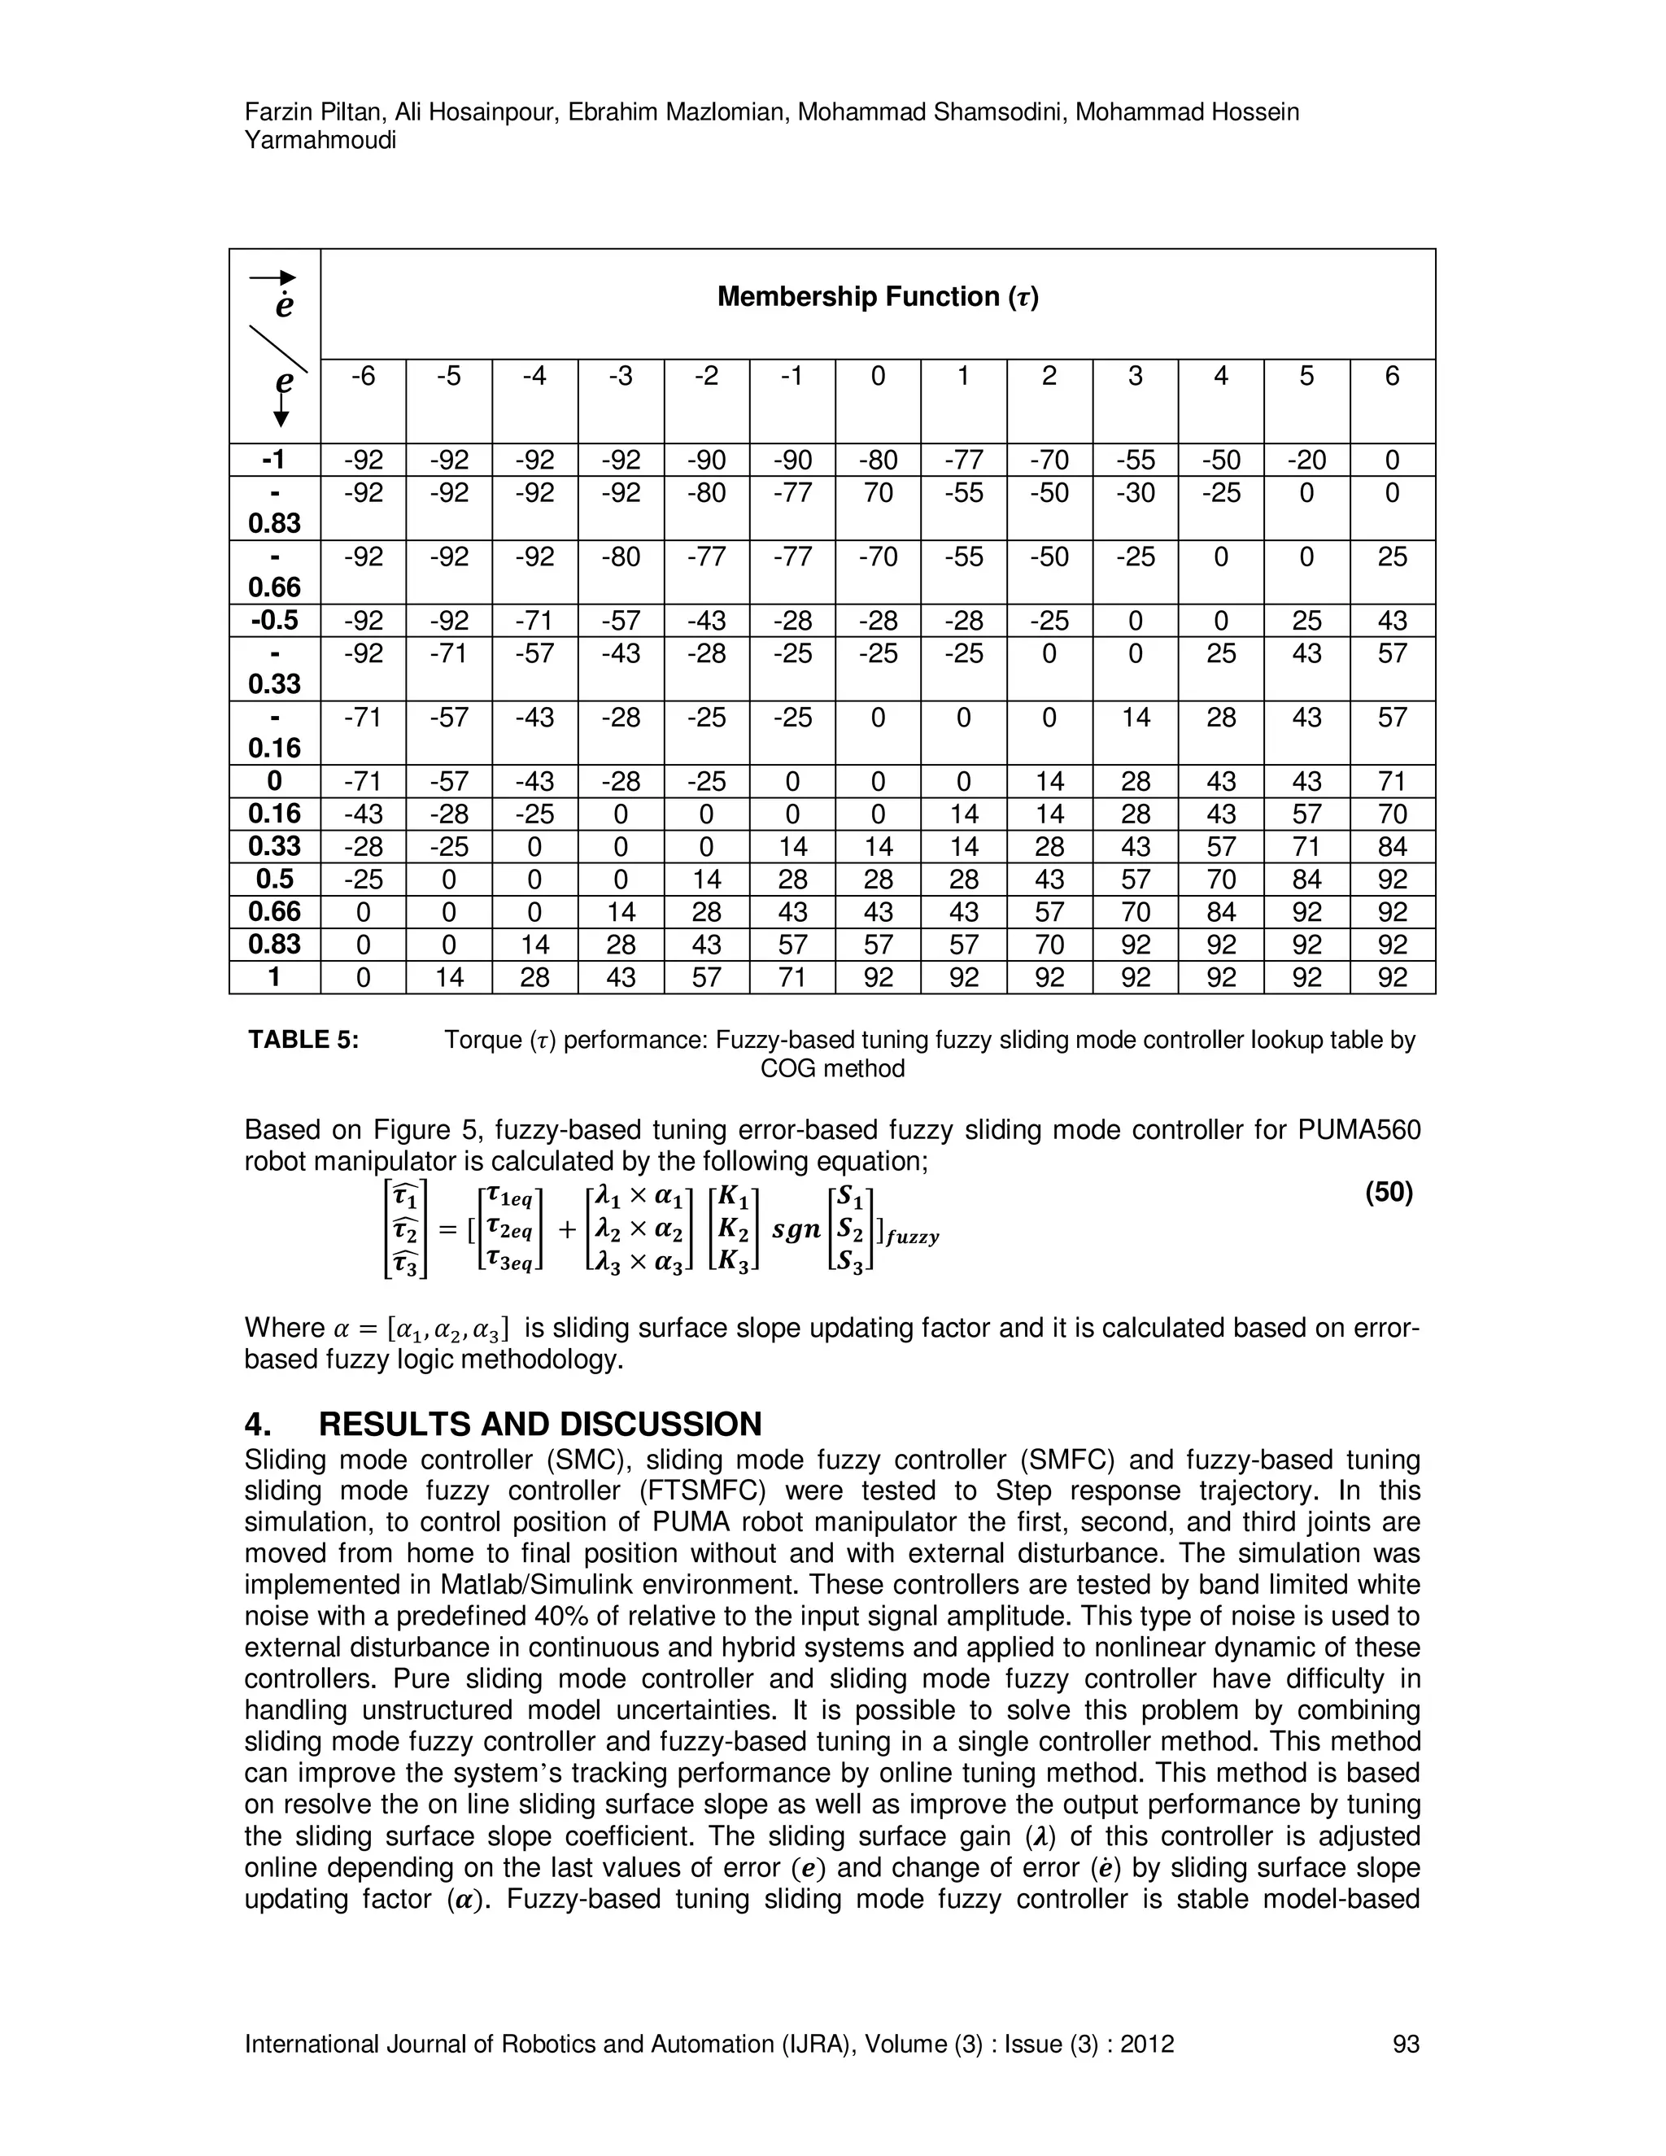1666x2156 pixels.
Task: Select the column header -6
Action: [x=363, y=376]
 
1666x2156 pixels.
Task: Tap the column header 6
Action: [x=1392, y=376]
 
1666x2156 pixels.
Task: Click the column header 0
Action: [x=878, y=376]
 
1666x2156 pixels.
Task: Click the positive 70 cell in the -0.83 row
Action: [x=878, y=492]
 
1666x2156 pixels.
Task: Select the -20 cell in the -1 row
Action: [x=1306, y=460]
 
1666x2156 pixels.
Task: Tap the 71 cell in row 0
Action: [x=1392, y=782]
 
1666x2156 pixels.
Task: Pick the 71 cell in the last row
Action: [x=792, y=977]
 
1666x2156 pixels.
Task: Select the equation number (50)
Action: [x=1389, y=1193]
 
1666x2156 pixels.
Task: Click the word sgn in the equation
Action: [x=796, y=1230]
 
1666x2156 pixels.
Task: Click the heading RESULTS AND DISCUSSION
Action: [x=540, y=1424]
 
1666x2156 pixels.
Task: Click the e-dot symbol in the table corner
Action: [x=284, y=306]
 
